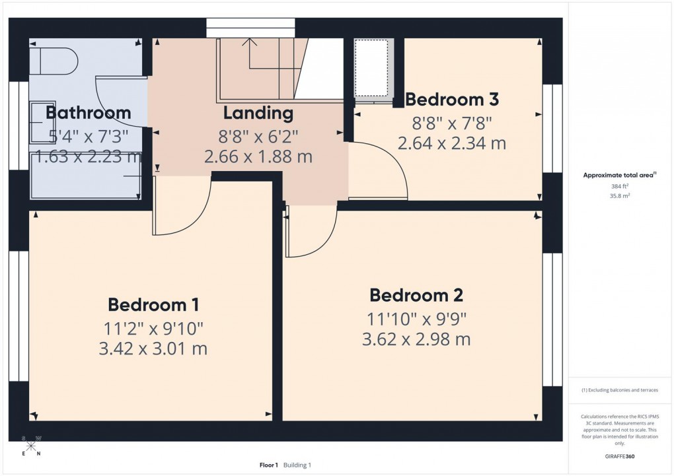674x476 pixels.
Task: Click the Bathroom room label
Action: [88, 112]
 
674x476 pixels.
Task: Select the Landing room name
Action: [258, 113]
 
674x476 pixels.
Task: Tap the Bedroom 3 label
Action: [451, 100]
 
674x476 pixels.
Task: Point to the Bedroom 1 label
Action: [153, 304]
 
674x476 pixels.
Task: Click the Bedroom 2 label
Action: [416, 294]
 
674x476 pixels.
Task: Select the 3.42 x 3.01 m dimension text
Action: [153, 348]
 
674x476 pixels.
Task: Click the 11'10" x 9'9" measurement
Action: [416, 318]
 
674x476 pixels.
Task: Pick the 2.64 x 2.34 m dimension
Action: [452, 143]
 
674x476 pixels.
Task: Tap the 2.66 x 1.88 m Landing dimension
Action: [258, 157]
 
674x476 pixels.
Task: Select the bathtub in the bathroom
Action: [85, 176]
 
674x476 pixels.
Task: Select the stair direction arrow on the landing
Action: [250, 44]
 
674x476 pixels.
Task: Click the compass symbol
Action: [32, 446]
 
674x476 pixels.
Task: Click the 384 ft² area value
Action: [619, 186]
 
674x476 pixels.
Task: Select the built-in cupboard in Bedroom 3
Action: [374, 68]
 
